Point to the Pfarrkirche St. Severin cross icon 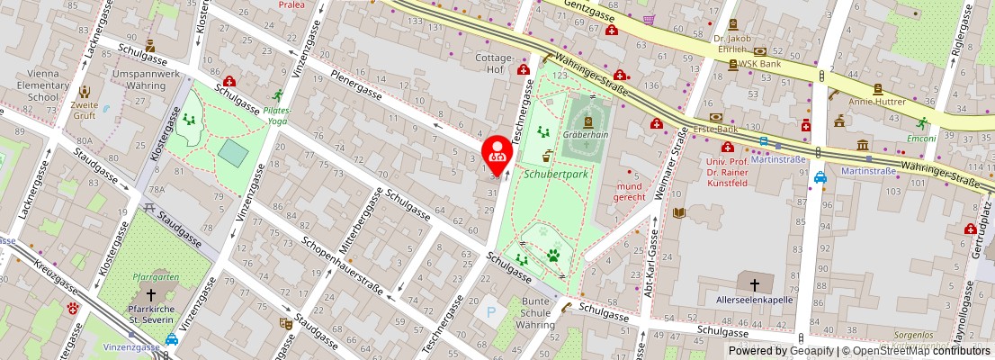pyautogui.click(x=151, y=295)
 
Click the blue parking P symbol pyautogui.click(x=490, y=312)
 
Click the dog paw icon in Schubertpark pyautogui.click(x=553, y=256)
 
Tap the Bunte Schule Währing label pyautogui.click(x=536, y=312)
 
